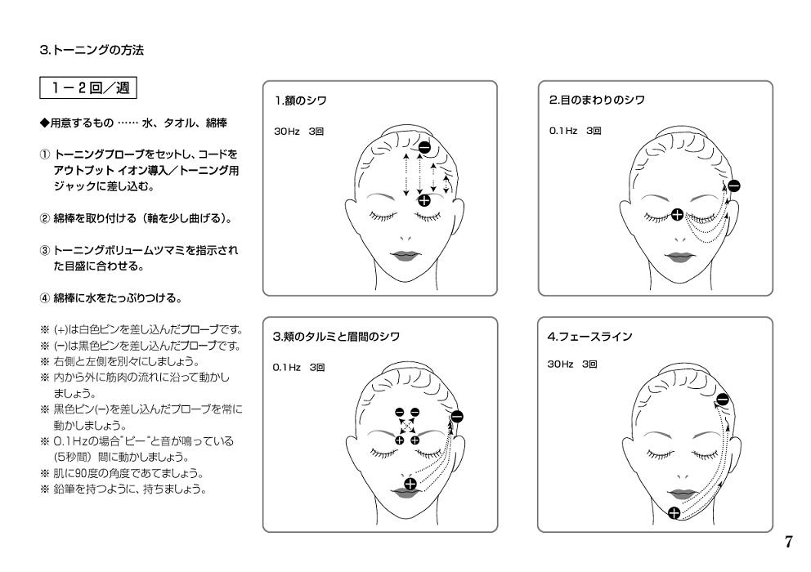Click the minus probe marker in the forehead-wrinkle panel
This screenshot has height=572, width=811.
coord(424,148)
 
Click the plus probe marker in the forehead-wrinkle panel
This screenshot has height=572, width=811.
coord(424,199)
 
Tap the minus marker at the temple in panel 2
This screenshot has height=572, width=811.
coord(733,185)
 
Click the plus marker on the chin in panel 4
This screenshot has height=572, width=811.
coord(674,513)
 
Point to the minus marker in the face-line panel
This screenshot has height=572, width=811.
coord(722,400)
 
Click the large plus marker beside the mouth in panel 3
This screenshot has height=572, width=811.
coord(409,485)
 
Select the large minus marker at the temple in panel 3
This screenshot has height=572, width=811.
coord(456,416)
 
